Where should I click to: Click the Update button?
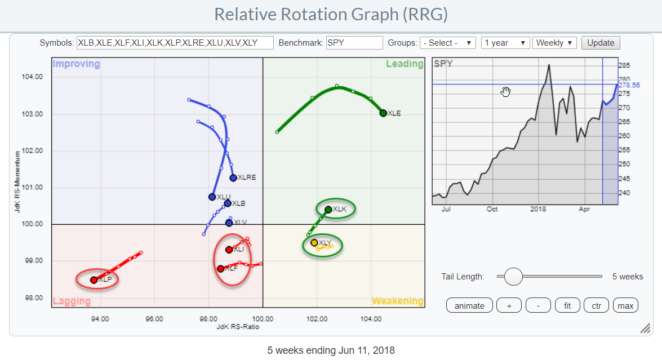601,43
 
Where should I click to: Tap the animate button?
469,305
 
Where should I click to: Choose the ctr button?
596,305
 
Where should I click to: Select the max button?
625,305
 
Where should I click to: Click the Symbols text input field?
175,43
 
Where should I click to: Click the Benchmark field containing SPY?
354,43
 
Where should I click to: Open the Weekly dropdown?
555,43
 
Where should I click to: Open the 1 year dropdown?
505,43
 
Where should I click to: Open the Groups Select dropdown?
448,43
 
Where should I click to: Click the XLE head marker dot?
383,113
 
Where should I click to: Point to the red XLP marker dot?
94,279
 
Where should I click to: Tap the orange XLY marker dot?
314,243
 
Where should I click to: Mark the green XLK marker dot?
328,210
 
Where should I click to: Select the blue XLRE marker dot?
233,177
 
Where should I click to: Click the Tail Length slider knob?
513,277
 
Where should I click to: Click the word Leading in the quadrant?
405,64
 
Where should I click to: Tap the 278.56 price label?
629,85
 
